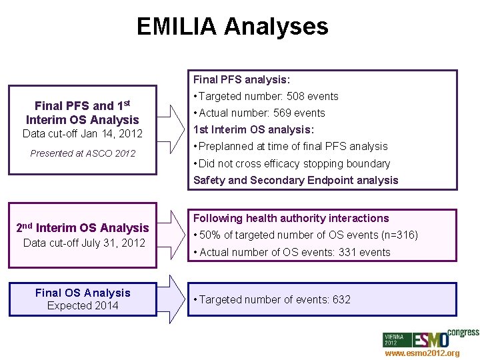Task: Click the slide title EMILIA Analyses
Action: pyautogui.click(x=232, y=27)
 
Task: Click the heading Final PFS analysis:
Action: pyautogui.click(x=241, y=79)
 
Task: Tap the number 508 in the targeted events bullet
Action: pyautogui.click(x=296, y=96)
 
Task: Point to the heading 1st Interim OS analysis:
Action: pyautogui.click(x=253, y=129)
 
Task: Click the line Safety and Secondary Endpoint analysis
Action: pyautogui.click(x=295, y=180)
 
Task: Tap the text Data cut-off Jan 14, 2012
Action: pyautogui.click(x=83, y=134)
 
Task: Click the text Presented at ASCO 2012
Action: pyautogui.click(x=83, y=153)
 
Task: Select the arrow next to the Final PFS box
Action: pyautogui.click(x=172, y=129)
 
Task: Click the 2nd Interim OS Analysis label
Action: pyautogui.click(x=82, y=228)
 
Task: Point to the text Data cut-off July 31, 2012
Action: pyautogui.click(x=84, y=243)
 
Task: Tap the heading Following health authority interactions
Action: pyautogui.click(x=291, y=218)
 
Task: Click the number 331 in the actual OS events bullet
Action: pyautogui.click(x=348, y=252)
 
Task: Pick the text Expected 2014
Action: pyautogui.click(x=83, y=305)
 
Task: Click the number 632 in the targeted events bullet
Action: pyautogui.click(x=341, y=299)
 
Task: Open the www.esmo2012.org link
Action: pyautogui.click(x=421, y=353)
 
